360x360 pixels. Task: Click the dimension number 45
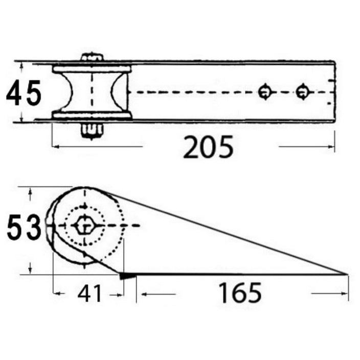24,93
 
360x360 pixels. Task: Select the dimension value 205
208,147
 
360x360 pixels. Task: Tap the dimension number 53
24,227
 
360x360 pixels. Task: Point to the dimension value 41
89,294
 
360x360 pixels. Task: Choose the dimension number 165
240,292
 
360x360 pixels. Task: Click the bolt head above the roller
92,57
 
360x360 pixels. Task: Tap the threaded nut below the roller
92,131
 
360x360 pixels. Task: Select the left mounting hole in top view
265,92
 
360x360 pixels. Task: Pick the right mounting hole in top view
303,92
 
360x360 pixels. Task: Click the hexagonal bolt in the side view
84,225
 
